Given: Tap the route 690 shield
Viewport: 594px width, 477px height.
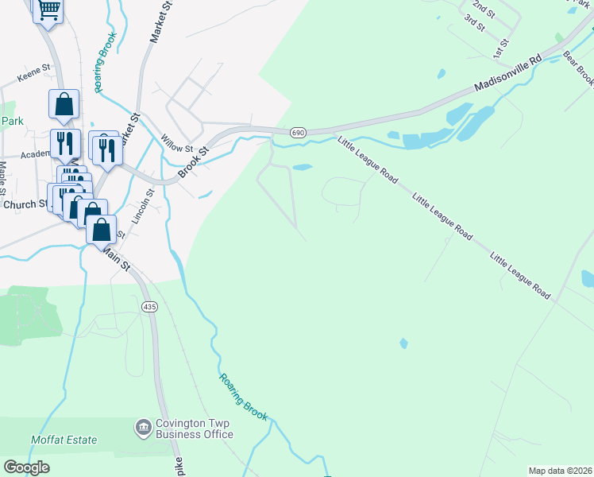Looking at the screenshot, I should (298, 133).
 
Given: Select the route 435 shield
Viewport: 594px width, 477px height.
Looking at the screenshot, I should (149, 306).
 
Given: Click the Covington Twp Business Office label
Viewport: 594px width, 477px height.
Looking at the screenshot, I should (195, 429).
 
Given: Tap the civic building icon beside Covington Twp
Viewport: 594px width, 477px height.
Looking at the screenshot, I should (144, 428).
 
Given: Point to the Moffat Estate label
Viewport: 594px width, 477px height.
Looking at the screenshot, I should (64, 440).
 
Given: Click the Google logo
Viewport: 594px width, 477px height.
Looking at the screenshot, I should (26, 467).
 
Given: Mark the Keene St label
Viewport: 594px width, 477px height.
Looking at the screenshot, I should (35, 80).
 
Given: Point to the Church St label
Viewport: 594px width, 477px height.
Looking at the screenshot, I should (25, 204).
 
